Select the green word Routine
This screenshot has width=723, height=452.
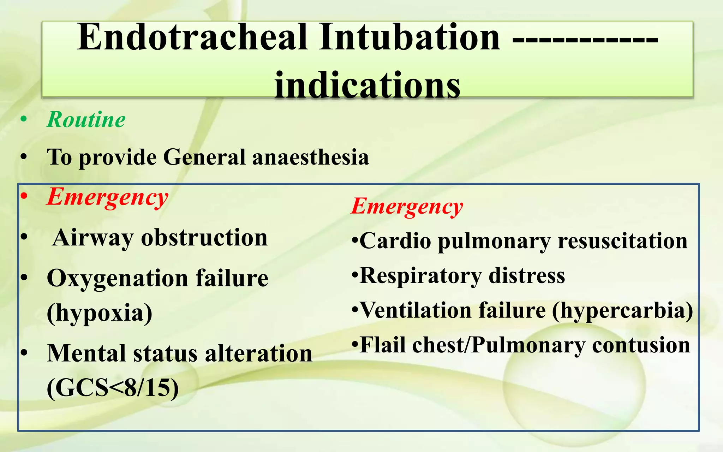86,120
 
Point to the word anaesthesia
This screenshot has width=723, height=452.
311,157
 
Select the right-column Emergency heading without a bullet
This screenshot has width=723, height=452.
407,207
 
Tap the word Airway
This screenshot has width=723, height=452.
92,238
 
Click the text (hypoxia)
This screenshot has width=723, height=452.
100,313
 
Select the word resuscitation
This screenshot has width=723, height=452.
622,241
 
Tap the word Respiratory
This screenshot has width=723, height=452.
420,276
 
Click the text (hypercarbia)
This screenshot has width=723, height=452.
622,311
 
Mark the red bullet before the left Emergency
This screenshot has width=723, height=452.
24,196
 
